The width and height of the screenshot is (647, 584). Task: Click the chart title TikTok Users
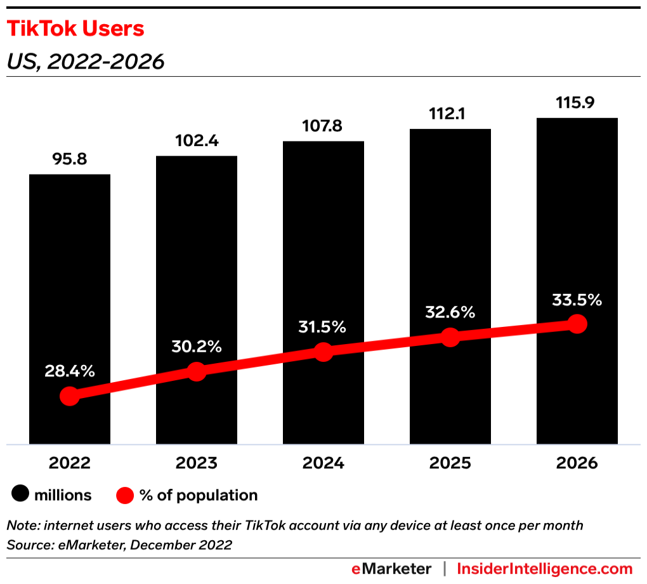(x=75, y=29)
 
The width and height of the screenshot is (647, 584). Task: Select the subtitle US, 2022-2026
(x=85, y=62)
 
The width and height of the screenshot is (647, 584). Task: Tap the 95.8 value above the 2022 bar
(x=69, y=159)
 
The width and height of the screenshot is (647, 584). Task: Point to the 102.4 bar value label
(x=197, y=141)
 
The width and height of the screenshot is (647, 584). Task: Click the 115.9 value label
(x=577, y=102)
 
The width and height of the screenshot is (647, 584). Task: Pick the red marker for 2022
(x=70, y=396)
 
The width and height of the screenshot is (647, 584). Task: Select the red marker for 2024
(x=323, y=352)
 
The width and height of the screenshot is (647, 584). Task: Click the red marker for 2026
(x=577, y=324)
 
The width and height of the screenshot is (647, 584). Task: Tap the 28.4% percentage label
(x=70, y=371)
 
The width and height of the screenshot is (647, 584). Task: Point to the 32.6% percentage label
(x=450, y=312)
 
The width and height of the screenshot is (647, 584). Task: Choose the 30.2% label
(x=197, y=347)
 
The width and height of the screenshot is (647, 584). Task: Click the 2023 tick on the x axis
(x=197, y=463)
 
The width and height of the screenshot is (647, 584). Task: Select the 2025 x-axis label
(x=450, y=463)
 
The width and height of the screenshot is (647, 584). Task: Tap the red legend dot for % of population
(x=125, y=495)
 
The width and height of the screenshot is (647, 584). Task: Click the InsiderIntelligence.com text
(x=545, y=568)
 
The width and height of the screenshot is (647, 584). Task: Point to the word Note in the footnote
(x=21, y=526)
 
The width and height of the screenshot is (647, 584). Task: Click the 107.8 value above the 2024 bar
(x=323, y=126)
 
